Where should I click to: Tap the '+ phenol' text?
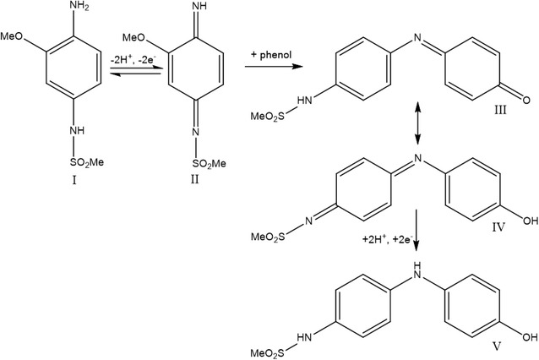(x=271, y=54)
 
